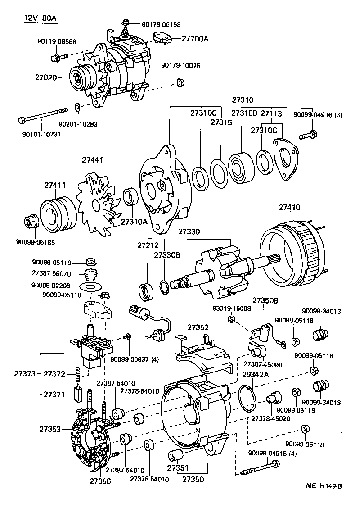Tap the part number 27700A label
(195, 39)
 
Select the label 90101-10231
(41, 134)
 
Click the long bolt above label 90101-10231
(43, 115)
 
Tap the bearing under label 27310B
(242, 166)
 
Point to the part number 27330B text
(167, 255)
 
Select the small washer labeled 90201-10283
(77, 108)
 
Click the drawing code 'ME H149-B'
(324, 485)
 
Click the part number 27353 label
(49, 430)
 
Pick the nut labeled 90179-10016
(180, 82)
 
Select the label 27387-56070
(51, 273)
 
